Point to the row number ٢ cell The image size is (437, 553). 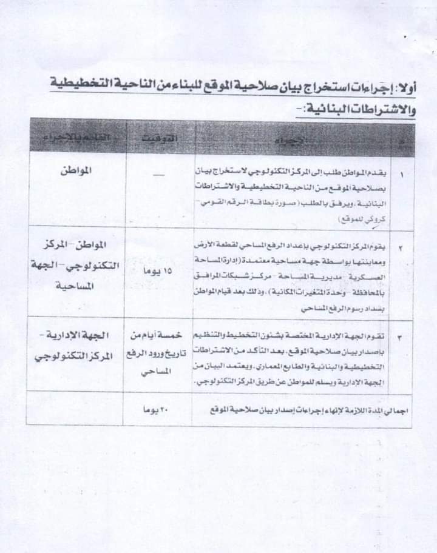click(404, 248)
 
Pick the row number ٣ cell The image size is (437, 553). click(404, 336)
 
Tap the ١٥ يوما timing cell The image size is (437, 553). click(159, 272)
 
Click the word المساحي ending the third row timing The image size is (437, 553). click(159, 376)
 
